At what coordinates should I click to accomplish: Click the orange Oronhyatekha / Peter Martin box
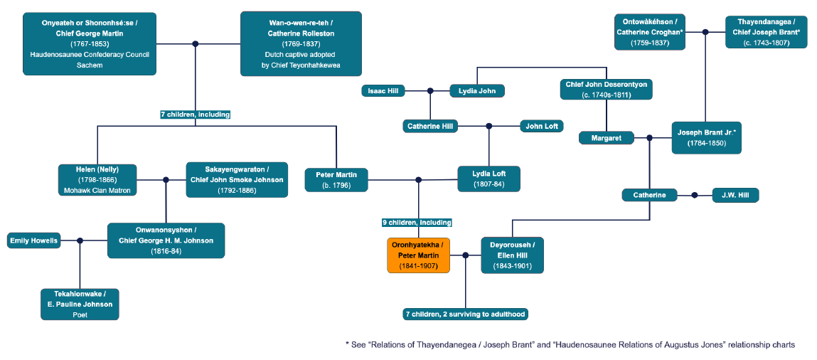coord(418,255)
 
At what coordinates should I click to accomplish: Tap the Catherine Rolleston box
coord(300,43)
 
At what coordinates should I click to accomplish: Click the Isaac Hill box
coord(383,90)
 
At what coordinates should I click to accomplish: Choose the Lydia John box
coord(477,90)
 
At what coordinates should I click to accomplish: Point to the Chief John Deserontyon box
coord(606,89)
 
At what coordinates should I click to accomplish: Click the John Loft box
coord(542,126)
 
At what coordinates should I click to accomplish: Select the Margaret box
coord(606,138)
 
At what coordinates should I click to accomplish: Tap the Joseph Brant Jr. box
coord(706,137)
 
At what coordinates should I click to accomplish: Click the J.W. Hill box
coord(735,195)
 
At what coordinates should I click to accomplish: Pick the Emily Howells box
coord(33,240)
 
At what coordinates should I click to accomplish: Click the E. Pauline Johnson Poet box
coord(80,304)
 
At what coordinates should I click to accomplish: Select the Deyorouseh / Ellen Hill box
coord(512,255)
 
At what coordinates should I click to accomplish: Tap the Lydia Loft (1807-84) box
coord(488,179)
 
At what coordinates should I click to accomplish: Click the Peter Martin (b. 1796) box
coord(336,179)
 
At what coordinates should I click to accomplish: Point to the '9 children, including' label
coord(417,223)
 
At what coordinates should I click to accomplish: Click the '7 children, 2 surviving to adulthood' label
coord(466,314)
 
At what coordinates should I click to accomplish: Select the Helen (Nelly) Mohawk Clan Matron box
coord(97,180)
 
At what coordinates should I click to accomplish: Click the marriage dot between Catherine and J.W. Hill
coord(693,195)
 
